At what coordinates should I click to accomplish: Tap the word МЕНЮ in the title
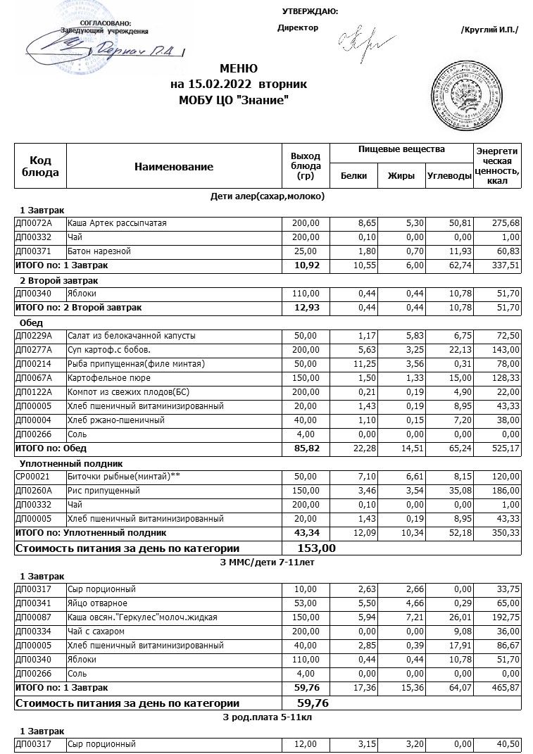point(239,69)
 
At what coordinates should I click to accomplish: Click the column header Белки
point(353,176)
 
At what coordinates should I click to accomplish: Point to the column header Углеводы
point(449,176)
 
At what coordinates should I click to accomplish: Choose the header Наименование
point(174,167)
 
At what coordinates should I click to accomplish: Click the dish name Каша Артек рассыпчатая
point(117,223)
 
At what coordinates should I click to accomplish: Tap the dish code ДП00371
point(33,251)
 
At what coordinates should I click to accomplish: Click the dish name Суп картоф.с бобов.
point(108,350)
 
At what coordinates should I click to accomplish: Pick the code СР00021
point(32,477)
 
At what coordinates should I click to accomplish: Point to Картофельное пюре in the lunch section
point(104,378)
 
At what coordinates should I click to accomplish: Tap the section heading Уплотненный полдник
point(71,463)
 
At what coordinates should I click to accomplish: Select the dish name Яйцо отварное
point(97,603)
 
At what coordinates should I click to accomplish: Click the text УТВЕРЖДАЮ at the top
point(310,11)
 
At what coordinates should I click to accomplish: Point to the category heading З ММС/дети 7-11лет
point(268,563)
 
